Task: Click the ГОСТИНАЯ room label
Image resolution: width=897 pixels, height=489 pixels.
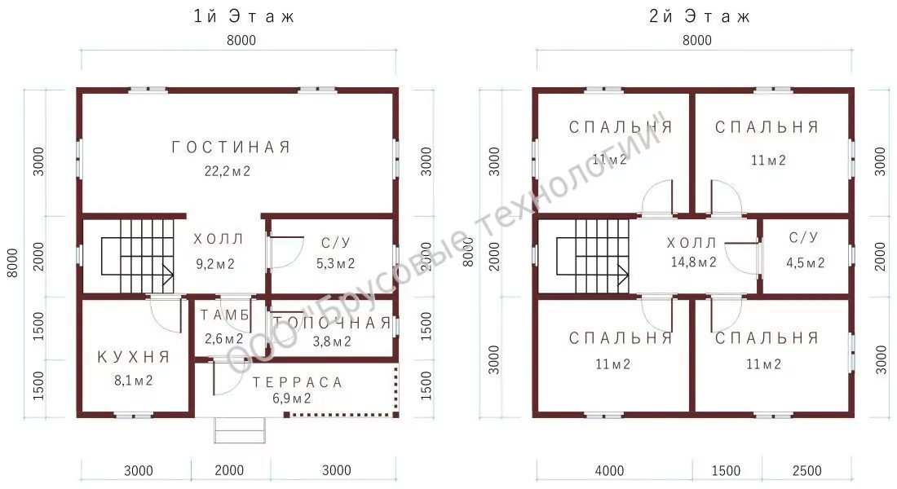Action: tap(231, 148)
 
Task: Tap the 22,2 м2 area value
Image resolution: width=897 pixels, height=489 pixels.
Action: tap(228, 171)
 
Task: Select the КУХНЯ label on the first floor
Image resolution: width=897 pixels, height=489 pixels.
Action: tap(134, 358)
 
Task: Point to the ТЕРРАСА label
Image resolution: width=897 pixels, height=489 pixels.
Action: tap(298, 382)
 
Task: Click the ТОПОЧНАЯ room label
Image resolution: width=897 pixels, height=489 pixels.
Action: tap(332, 323)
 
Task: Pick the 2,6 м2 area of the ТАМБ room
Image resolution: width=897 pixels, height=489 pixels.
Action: tap(224, 338)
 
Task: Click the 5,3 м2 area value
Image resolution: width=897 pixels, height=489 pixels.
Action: tap(336, 264)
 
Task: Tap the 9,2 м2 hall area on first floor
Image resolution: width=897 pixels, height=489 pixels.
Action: tap(215, 264)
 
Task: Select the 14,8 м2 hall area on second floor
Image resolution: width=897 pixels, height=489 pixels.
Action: tap(693, 262)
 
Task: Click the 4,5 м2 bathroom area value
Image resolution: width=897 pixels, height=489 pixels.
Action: tap(806, 262)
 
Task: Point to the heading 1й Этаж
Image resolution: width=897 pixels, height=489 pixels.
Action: tap(244, 16)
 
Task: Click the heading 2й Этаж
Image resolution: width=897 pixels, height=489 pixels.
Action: tap(699, 16)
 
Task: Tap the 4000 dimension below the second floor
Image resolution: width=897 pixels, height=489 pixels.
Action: tap(609, 471)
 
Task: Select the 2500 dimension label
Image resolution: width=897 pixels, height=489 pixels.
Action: tap(807, 471)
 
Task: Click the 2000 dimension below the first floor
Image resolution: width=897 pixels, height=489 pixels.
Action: tap(229, 470)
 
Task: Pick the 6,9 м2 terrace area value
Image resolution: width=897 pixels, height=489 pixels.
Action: tap(292, 399)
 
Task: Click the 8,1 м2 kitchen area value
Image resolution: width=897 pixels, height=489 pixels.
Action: tap(133, 381)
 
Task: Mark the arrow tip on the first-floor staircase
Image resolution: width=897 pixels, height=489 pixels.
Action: tap(174, 275)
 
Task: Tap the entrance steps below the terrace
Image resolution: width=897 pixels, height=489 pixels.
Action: tap(240, 430)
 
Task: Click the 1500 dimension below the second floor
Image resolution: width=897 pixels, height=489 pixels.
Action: tap(726, 471)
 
